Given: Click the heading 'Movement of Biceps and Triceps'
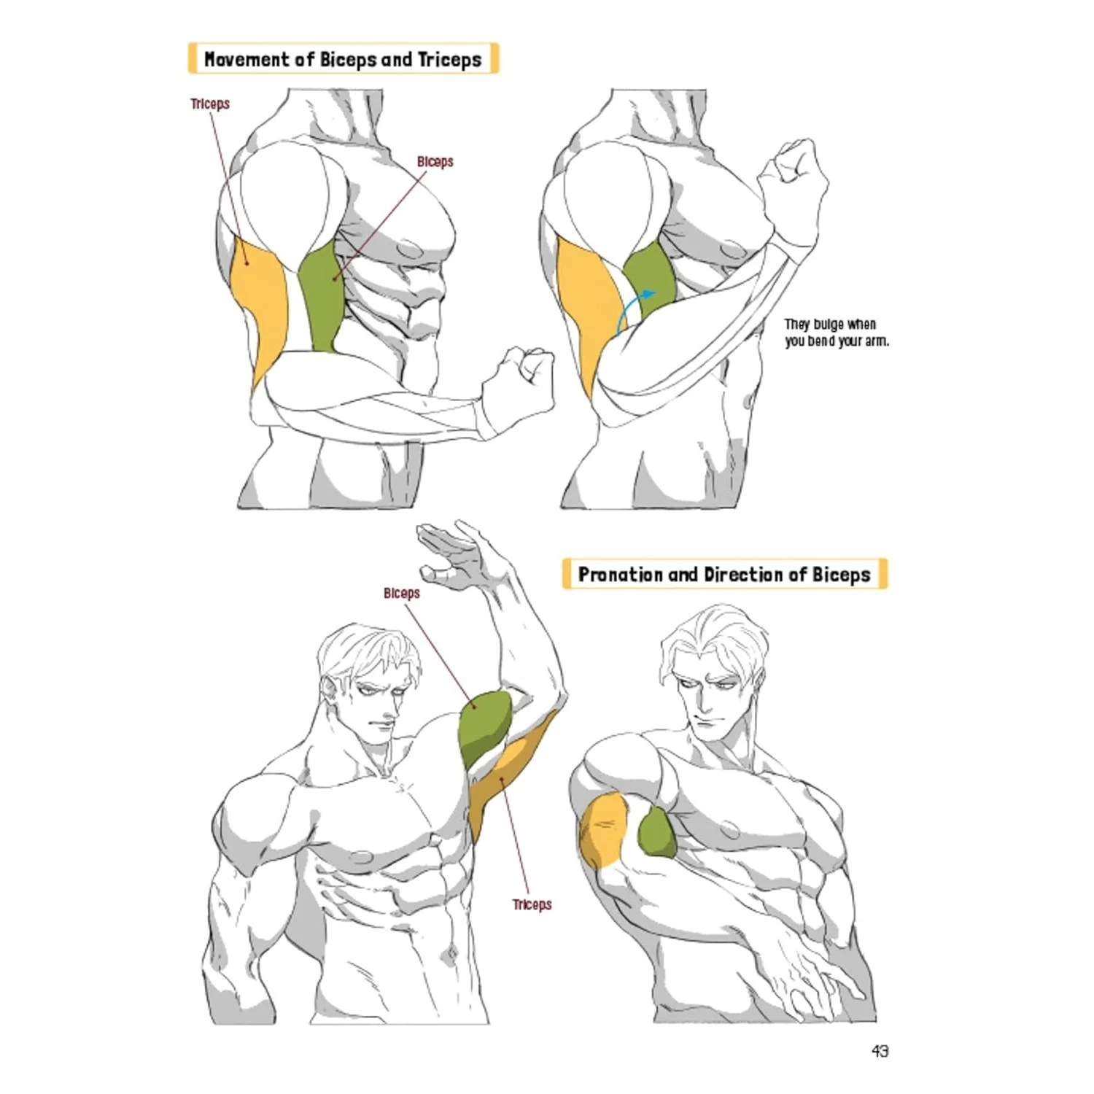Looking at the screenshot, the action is (343, 59).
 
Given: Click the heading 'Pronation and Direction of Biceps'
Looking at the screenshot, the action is (724, 574).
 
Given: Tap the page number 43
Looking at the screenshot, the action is (880, 1051).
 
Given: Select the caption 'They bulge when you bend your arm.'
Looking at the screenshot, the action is (837, 333).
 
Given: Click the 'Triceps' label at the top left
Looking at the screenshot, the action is (210, 104).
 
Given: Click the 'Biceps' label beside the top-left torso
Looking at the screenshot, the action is (435, 161).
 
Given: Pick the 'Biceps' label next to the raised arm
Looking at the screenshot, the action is (402, 593).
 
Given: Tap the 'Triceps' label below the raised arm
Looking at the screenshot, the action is (532, 904).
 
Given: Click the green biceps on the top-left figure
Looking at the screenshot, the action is (321, 295).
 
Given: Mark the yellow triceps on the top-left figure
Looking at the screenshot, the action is (259, 306).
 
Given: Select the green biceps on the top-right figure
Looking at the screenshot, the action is (649, 277).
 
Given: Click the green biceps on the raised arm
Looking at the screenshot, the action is (484, 726).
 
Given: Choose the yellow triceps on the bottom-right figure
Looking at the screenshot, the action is (602, 831).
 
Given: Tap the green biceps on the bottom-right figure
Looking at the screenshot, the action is (656, 833).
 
